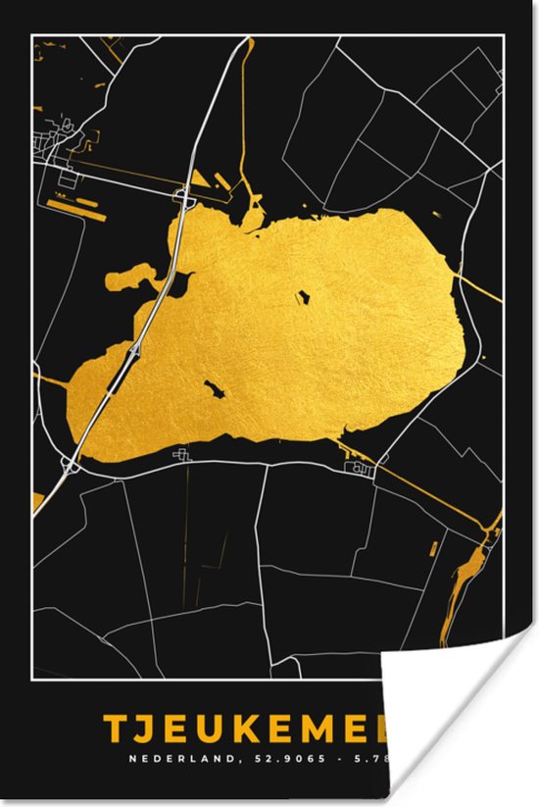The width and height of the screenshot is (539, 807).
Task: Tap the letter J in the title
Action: point(149,730)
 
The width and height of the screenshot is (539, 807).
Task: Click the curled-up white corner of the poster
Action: point(461,726)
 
